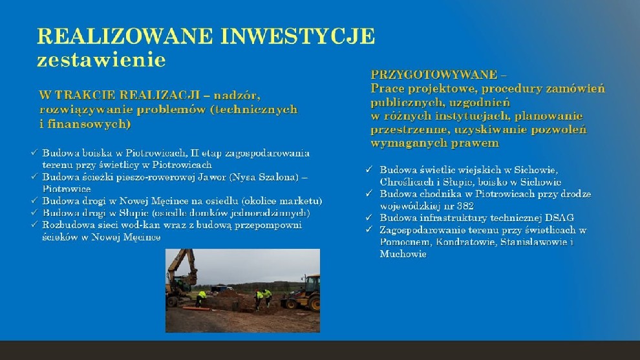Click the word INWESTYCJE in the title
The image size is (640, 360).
click(297, 36)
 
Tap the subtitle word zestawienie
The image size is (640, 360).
click(101, 59)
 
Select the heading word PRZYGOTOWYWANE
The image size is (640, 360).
click(434, 75)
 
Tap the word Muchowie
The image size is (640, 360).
click(403, 254)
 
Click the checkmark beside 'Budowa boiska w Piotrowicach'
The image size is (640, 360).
click(34, 153)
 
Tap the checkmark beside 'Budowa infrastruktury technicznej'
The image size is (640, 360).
click(369, 218)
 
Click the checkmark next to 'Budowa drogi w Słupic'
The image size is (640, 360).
click(34, 213)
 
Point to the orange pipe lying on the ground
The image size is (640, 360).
click(194, 308)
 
